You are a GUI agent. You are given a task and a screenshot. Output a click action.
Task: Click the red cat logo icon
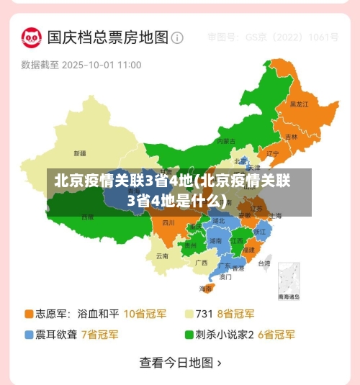(31, 37)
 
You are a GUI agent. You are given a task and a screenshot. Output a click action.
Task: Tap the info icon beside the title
(177, 37)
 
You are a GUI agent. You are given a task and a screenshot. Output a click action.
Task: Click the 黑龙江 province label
(299, 104)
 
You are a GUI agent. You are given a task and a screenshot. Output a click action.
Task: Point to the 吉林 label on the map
(291, 136)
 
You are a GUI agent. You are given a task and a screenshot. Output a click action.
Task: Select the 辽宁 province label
(273, 153)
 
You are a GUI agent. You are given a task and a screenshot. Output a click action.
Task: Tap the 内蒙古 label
(226, 141)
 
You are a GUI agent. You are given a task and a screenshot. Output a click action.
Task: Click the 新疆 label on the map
(79, 153)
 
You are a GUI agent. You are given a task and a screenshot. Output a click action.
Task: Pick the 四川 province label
(169, 222)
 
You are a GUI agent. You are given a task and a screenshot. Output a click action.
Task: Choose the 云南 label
(162, 255)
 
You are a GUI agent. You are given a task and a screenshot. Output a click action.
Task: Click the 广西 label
(201, 263)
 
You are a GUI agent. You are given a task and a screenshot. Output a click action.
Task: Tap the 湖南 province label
(215, 241)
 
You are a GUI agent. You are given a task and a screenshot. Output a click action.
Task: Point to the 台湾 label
(264, 263)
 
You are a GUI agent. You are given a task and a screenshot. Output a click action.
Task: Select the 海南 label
(206, 289)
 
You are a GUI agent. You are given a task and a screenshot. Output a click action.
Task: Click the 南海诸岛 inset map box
(289, 281)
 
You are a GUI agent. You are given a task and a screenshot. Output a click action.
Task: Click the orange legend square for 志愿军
(30, 314)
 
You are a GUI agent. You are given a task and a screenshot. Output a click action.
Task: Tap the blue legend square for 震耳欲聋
(30, 335)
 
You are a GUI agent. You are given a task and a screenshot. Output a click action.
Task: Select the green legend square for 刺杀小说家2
(189, 335)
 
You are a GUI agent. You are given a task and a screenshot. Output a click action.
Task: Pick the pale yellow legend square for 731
(189, 314)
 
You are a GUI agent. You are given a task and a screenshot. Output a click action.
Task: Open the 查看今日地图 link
(180, 363)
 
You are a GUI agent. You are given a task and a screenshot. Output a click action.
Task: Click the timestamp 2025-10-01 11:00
(102, 65)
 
